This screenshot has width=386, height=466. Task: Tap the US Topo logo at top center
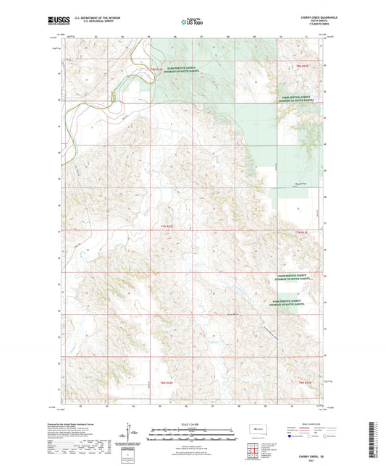point(191,22)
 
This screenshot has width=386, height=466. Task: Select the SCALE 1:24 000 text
point(191,423)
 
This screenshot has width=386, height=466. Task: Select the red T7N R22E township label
point(167,226)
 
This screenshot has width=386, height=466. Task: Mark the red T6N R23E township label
point(304,382)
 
